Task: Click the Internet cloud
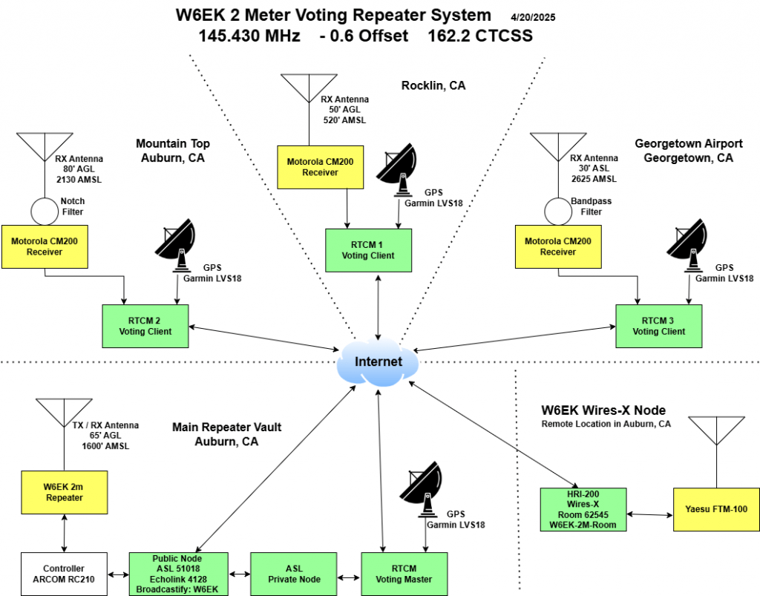[x=378, y=362]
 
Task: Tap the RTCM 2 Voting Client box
[x=145, y=326]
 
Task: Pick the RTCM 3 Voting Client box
[x=659, y=326]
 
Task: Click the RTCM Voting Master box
[x=404, y=574]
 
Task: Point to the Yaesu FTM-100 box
[x=715, y=509]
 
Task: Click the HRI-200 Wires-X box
[x=583, y=509]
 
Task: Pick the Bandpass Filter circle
[x=560, y=211]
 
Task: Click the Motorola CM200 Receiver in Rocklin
[x=320, y=167]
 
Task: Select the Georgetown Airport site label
[x=684, y=151]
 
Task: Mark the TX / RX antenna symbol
[x=65, y=416]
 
